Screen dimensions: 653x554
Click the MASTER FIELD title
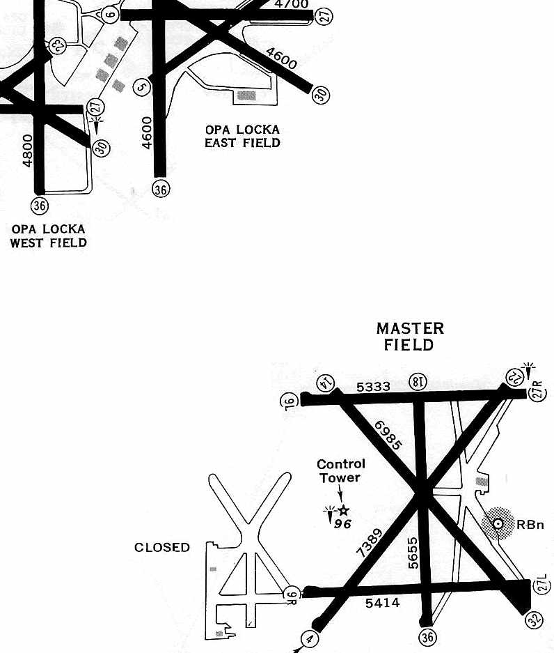point(410,336)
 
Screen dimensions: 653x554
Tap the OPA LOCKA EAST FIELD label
point(242,136)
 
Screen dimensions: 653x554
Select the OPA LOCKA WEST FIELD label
point(48,236)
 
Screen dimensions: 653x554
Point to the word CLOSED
point(161,548)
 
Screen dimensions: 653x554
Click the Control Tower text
point(340,470)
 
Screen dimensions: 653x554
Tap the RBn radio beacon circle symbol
point(498,523)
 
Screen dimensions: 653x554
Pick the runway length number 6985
point(388,434)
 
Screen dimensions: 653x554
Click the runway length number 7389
point(369,542)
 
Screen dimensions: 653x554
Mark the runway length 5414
point(382,603)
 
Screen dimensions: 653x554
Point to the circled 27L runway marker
point(541,585)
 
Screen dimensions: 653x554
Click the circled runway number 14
point(324,382)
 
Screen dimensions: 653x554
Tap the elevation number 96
point(342,523)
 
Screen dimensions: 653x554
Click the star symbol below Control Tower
point(342,511)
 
